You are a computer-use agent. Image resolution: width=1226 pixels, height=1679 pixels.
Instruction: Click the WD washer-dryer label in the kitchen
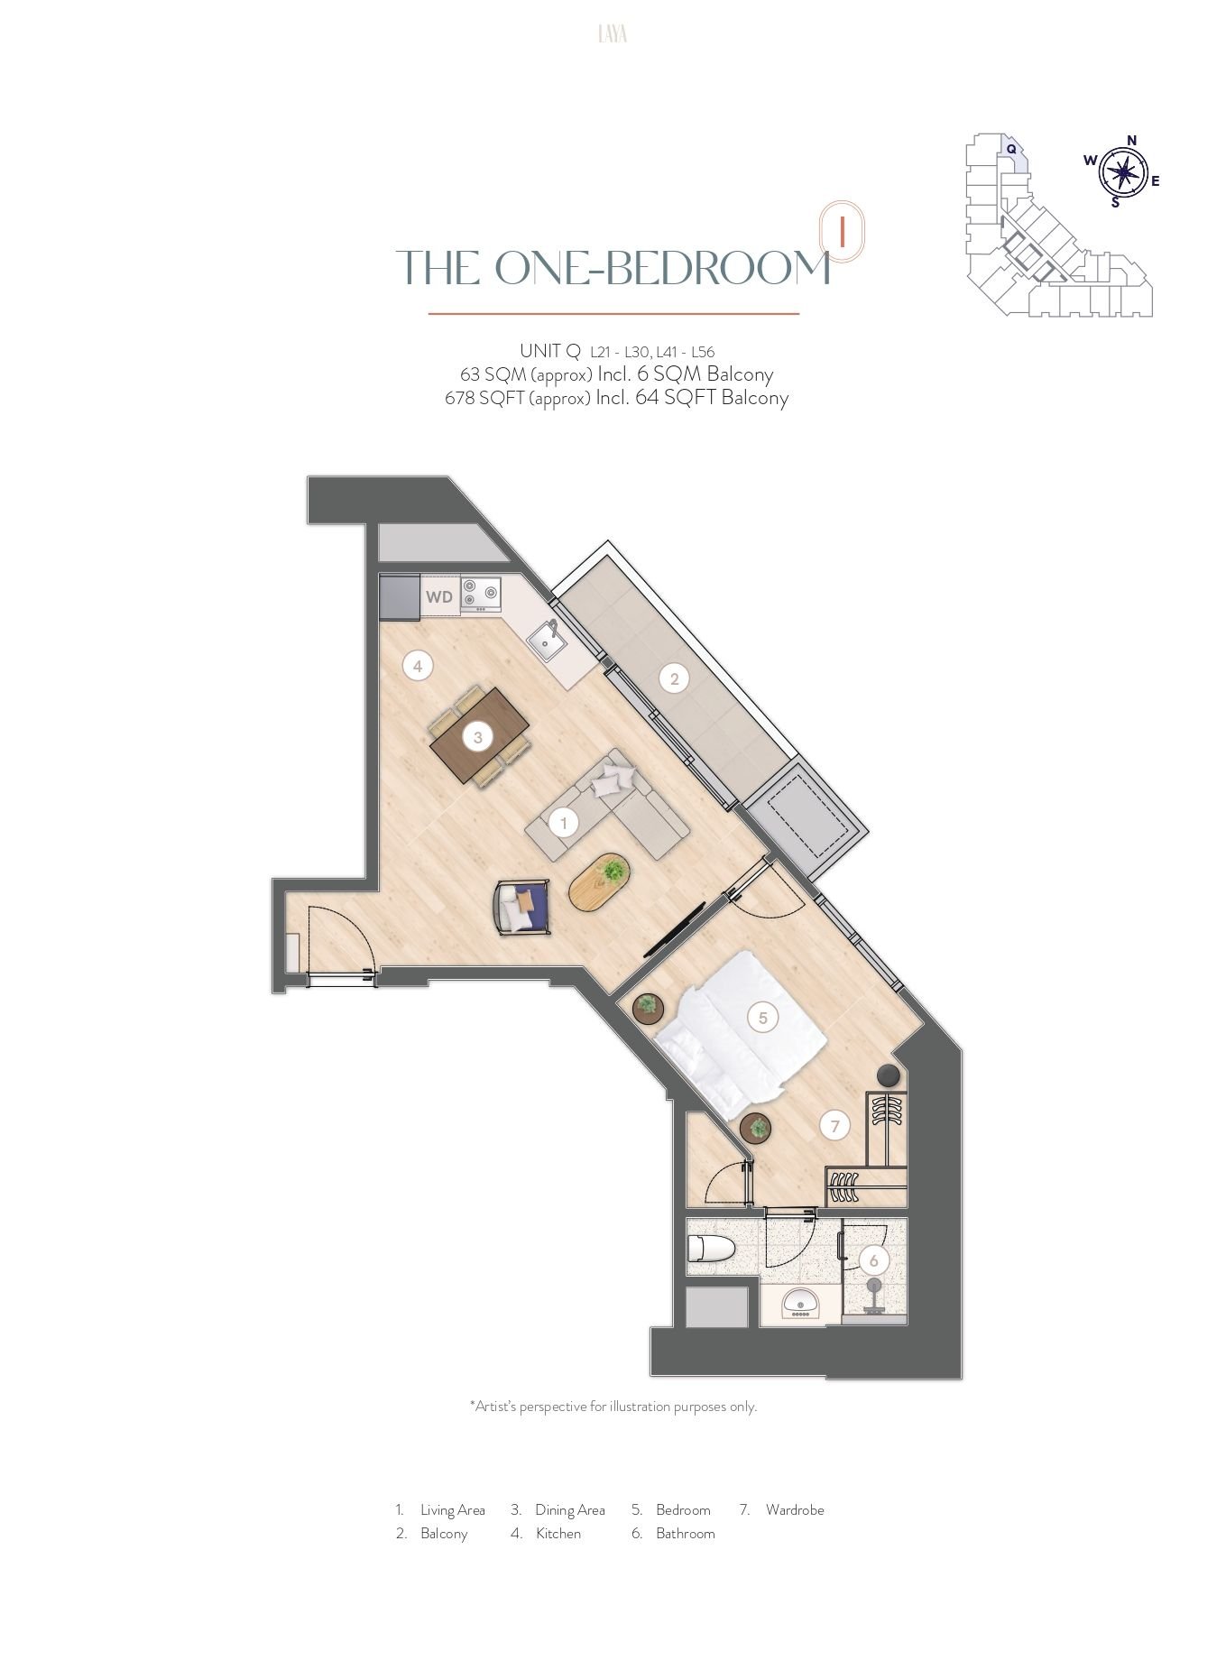tap(439, 597)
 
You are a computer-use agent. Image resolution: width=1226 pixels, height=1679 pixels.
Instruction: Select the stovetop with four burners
tap(480, 594)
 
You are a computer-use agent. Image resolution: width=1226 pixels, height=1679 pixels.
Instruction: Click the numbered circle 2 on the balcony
tap(674, 679)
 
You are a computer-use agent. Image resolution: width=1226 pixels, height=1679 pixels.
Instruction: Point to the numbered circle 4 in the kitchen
tap(417, 667)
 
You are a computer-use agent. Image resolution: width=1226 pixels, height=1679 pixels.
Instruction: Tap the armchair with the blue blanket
tap(522, 907)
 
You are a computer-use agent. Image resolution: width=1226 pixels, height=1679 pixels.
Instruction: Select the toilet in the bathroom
tap(711, 1249)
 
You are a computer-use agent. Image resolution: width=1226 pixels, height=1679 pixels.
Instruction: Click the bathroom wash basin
tap(799, 1304)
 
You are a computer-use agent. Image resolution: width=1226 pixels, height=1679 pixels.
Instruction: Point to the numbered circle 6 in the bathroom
tap(873, 1260)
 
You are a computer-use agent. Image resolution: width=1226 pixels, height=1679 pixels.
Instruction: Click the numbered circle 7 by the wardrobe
tap(835, 1125)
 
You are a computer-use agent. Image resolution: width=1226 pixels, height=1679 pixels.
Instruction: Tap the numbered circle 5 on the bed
tap(762, 1018)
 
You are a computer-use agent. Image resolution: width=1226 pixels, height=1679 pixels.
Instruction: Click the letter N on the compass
tap(1131, 140)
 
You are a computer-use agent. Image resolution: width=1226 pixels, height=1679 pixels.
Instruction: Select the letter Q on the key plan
tap(1011, 149)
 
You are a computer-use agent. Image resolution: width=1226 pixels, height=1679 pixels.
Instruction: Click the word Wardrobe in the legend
tap(795, 1509)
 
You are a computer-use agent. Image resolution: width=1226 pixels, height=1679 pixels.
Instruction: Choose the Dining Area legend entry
tap(558, 1509)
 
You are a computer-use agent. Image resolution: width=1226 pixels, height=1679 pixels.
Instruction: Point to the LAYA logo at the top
tap(613, 34)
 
